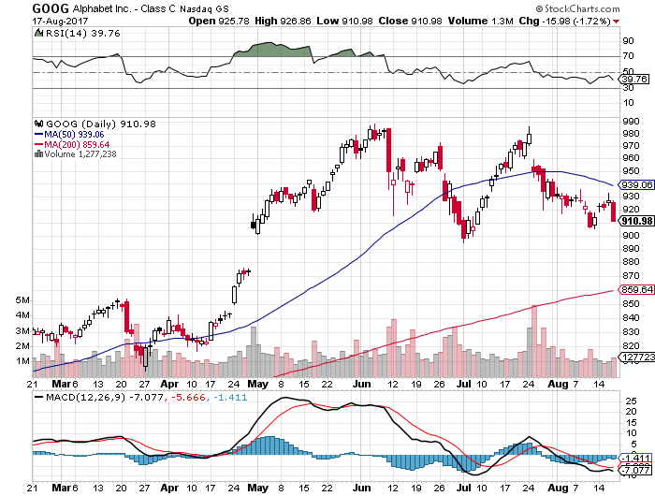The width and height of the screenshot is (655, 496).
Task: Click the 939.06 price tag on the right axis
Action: (635, 185)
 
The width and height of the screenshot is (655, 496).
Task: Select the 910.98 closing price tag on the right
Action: (635, 221)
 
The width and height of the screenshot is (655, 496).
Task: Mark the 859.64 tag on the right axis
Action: (635, 289)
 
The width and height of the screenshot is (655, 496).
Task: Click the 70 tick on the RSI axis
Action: (630, 57)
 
